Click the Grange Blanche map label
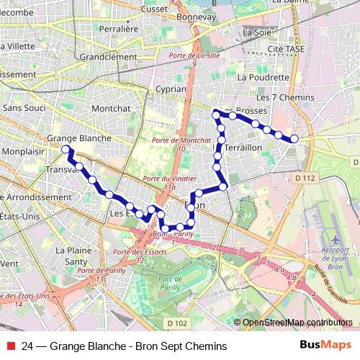click(x=78, y=138)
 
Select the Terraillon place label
click(x=244, y=146)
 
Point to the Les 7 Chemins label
click(x=286, y=97)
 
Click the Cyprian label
click(x=171, y=89)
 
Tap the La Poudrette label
click(x=263, y=76)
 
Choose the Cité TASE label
click(x=285, y=48)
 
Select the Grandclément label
click(x=108, y=57)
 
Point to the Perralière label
click(x=118, y=30)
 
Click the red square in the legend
click(x=9, y=346)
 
